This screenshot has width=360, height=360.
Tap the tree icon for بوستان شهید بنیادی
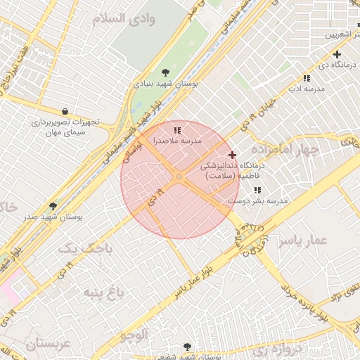(x=165, y=72)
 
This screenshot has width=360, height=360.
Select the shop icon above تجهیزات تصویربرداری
(x=65, y=111)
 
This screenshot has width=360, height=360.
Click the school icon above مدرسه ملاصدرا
(x=178, y=130)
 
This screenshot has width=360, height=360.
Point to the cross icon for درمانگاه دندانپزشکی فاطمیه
(x=233, y=155)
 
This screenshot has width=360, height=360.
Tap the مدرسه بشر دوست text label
(x=258, y=201)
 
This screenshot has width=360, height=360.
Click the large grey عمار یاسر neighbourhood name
(x=302, y=241)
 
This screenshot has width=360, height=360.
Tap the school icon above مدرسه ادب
(x=307, y=79)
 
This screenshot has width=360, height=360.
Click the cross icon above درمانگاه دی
(x=337, y=54)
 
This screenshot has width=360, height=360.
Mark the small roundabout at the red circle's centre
(x=179, y=178)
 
